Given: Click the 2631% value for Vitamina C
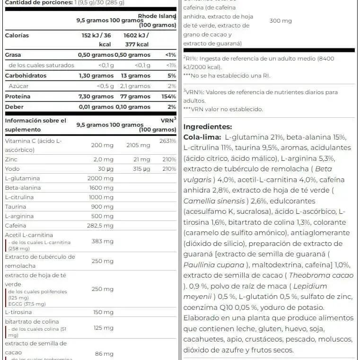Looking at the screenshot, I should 167,141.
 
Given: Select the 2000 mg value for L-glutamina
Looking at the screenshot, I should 100,178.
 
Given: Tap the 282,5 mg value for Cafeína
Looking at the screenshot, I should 100,226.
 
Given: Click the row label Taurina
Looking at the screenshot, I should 16,207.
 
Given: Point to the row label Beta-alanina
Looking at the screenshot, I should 23,188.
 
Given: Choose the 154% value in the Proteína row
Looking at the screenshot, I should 168,97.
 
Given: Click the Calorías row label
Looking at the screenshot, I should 17,35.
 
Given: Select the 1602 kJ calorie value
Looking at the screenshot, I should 136,35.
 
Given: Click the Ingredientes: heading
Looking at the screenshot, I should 207,127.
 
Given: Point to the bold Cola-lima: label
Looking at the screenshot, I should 202,137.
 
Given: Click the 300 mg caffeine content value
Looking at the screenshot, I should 281,21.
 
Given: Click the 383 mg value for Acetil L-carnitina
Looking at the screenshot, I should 102,241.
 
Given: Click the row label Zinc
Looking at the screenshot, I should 11,159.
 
